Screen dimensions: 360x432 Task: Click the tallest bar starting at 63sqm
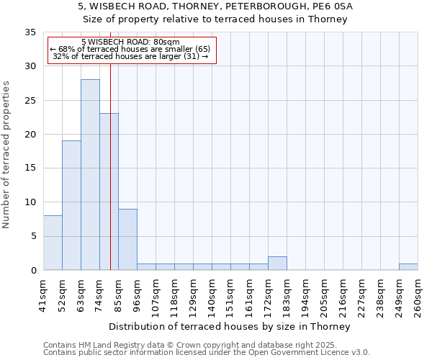90,175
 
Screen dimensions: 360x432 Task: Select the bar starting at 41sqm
53,243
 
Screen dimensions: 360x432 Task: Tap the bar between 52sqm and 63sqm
71,205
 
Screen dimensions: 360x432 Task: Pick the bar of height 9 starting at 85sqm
127,239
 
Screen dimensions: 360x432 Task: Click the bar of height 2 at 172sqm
277,264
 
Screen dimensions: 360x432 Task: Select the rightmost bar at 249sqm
408,266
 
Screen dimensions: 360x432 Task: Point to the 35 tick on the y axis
31,32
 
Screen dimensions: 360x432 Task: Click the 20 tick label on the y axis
31,135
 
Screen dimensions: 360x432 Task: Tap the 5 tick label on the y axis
34,236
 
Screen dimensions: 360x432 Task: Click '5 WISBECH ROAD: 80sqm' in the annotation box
130,42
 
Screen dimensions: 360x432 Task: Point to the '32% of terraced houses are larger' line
130,57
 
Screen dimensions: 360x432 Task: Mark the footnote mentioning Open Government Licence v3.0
207,353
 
